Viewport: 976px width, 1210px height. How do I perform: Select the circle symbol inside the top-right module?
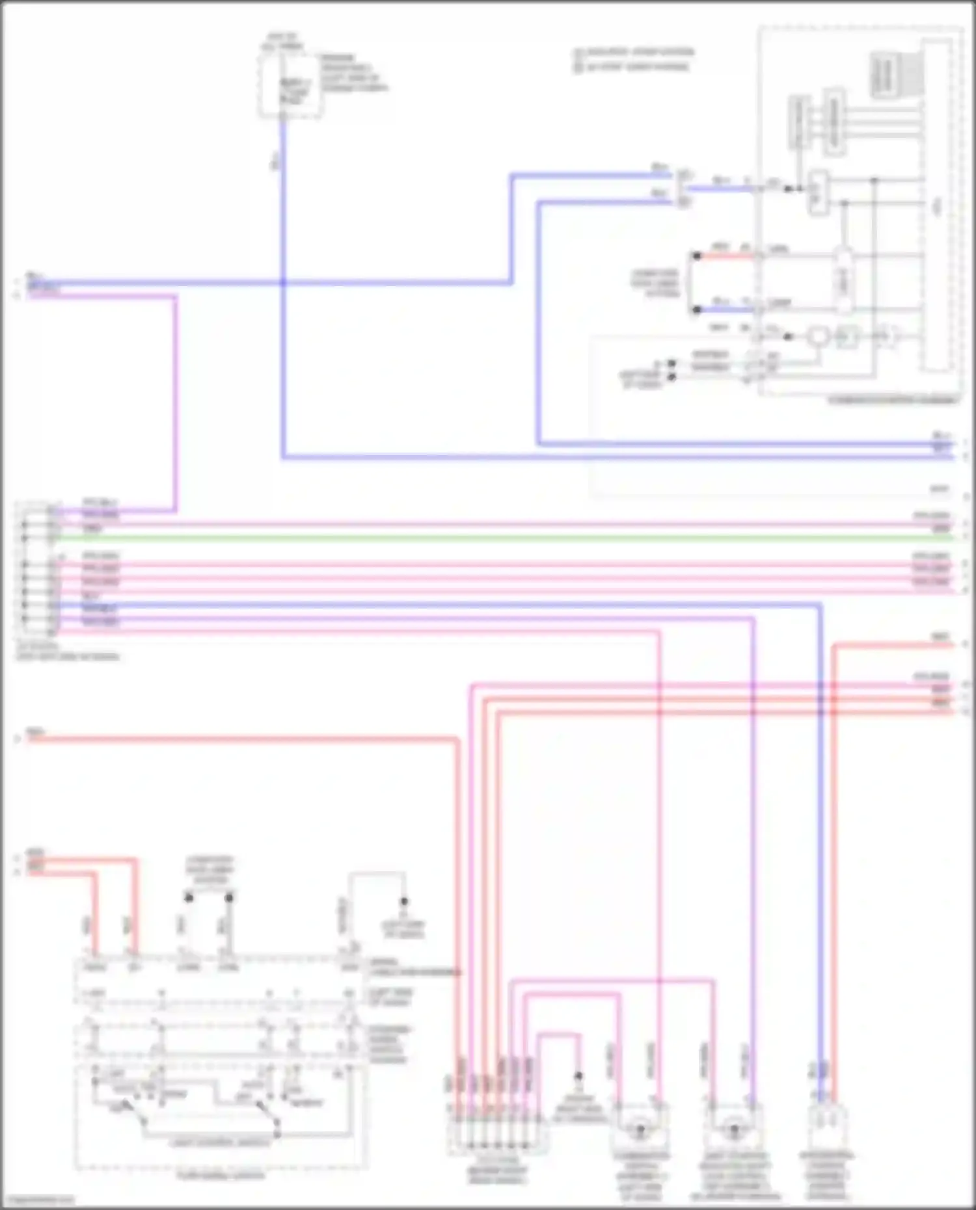coord(817,336)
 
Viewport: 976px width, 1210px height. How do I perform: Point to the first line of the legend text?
coord(634,52)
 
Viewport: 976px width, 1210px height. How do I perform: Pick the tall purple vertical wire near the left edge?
coord(174,403)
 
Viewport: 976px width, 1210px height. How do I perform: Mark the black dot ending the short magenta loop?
coord(578,1076)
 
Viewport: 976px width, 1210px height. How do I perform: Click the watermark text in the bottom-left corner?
coord(37,1200)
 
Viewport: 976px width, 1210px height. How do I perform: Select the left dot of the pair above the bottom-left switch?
coord(189,898)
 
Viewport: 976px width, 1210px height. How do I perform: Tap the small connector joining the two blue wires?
coord(683,189)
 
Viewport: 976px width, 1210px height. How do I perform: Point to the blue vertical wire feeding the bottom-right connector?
coord(820,845)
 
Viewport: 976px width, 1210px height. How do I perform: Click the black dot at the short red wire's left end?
coord(697,256)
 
